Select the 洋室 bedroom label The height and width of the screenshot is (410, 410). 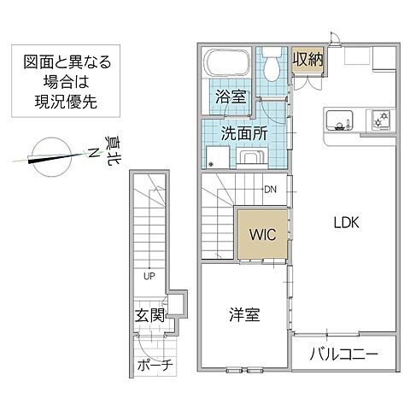coord(245,314)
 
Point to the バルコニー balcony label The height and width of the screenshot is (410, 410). coord(343,354)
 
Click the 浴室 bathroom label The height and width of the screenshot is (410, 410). coord(231,97)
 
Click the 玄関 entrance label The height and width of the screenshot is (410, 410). coord(149,315)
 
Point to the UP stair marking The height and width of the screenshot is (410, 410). coord(149,276)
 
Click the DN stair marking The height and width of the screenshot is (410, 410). coord(270,190)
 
